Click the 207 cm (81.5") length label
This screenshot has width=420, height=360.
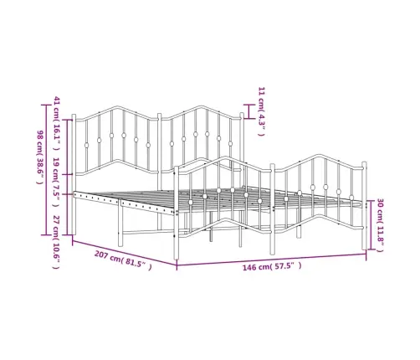pyautogui.click(x=123, y=260)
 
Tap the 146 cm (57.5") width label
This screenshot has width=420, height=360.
pyautogui.click(x=272, y=266)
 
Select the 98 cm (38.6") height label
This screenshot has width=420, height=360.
pyautogui.click(x=40, y=157)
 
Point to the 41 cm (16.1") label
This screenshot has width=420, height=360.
pyautogui.click(x=57, y=124)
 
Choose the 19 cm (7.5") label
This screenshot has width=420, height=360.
pyautogui.click(x=56, y=183)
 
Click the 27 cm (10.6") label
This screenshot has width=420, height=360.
pyautogui.click(x=56, y=242)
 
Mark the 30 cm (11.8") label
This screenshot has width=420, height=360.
pyautogui.click(x=380, y=225)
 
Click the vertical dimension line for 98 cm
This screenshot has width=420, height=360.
pyautogui.click(x=46, y=170)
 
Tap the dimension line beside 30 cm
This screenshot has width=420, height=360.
pyautogui.click(x=371, y=225)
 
